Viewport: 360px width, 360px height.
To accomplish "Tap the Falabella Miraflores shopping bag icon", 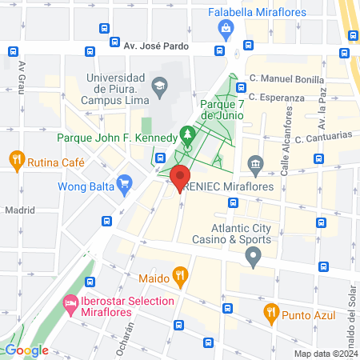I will tap(226, 30).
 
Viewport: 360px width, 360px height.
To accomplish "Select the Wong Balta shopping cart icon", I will tap(124, 187).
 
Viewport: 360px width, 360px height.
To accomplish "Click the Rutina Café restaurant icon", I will tap(17, 161).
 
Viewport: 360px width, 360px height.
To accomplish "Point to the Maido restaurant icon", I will tap(181, 278).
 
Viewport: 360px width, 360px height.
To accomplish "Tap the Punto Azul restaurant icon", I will tap(270, 311).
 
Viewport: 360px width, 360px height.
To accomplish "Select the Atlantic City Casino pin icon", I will tap(254, 258).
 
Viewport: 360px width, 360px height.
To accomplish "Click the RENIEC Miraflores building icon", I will tap(254, 166).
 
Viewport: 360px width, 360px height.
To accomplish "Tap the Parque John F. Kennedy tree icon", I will tap(188, 134).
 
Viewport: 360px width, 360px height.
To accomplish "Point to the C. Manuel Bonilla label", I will tap(286, 80).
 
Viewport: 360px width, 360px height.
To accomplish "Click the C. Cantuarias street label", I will tap(323, 138).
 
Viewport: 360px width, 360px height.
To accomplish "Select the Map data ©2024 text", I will tap(325, 354).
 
